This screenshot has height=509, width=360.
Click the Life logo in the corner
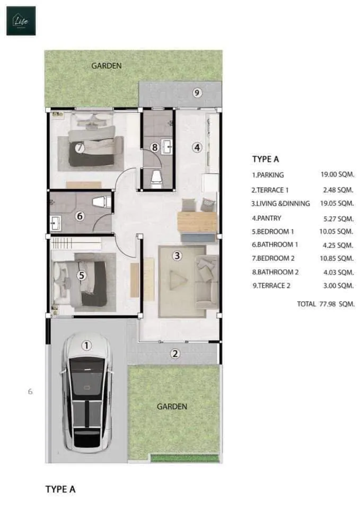tap(21, 21)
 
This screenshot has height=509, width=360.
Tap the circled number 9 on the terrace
tap(197, 93)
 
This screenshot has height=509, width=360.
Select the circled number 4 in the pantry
tap(197, 147)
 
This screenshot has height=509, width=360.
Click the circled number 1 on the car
tap(86, 345)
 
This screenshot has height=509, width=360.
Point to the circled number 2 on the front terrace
tap(175, 354)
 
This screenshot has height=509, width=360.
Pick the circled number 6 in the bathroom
tap(80, 216)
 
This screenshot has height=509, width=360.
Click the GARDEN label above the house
tap(107, 66)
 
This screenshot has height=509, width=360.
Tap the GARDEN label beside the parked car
tap(172, 407)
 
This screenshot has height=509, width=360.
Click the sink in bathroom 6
tap(56, 223)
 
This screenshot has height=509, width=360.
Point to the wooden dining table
tap(197, 222)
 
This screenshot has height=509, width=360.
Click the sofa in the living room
tap(206, 282)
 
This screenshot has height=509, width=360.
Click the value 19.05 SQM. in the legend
tap(337, 203)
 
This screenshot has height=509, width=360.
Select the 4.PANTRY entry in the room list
tap(267, 218)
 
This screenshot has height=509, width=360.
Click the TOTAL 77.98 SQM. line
tap(326, 304)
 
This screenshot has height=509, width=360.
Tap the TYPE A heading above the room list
tap(266, 159)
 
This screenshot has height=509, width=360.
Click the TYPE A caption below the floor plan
tap(60, 489)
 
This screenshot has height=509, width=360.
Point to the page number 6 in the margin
tap(30, 391)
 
